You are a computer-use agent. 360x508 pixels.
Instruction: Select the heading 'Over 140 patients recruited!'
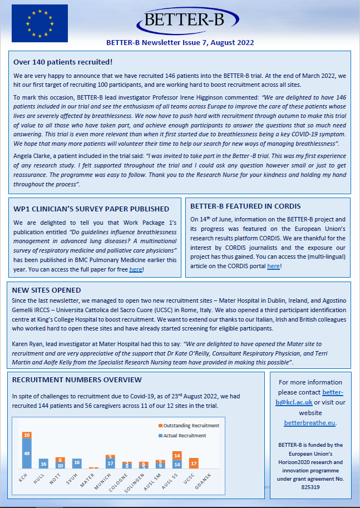tap(63, 62)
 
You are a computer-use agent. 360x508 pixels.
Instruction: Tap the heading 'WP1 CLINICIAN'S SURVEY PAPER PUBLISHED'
tap(91, 209)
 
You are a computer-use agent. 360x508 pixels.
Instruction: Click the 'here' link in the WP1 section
tap(136, 269)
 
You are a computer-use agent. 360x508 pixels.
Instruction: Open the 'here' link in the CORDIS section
tap(273, 266)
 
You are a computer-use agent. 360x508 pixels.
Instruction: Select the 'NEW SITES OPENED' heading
tap(47, 290)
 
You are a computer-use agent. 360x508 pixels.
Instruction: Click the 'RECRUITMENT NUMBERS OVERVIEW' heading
tap(77, 380)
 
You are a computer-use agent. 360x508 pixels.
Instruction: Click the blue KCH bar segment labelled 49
tap(27, 453)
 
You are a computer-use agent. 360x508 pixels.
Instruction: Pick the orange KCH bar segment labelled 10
tap(27, 435)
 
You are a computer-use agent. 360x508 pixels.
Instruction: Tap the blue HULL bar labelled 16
tap(43, 463)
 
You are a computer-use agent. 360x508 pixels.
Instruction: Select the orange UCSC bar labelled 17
tap(194, 463)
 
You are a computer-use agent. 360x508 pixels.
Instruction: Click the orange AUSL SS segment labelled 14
tap(177, 455)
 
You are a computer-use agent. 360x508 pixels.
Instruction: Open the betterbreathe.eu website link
tap(309, 422)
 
